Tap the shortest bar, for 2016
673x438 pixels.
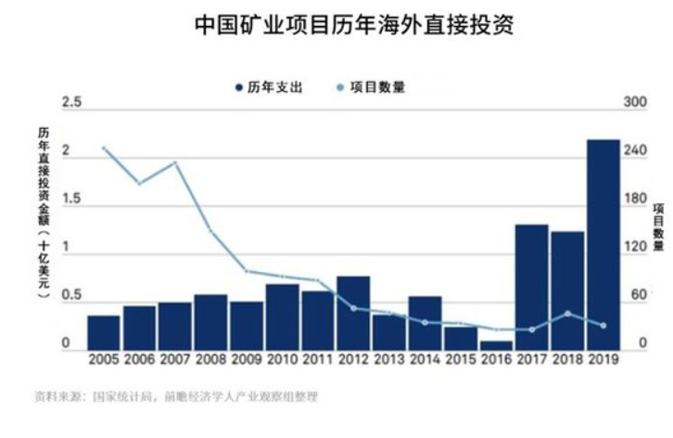496,344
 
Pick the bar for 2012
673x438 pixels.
353,312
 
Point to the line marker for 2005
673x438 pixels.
104,148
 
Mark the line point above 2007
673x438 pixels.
175,163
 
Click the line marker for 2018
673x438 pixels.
567,313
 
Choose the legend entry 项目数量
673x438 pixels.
375,87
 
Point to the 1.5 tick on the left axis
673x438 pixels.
71,200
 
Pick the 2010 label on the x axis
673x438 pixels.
282,358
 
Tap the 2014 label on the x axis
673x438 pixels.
425,358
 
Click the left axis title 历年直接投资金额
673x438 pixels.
43,210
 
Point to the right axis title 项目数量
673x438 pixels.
658,228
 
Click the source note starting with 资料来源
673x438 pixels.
176,397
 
